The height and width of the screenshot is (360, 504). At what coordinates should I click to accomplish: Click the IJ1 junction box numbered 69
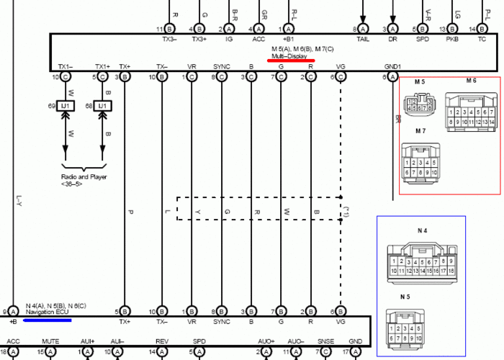[x=65, y=106]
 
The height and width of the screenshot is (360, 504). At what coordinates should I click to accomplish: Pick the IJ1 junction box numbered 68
[x=102, y=106]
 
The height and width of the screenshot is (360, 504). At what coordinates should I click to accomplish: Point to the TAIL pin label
[x=363, y=38]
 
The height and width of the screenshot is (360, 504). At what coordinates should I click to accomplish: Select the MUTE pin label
[x=50, y=341]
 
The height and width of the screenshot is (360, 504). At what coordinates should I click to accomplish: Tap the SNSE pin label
[x=326, y=341]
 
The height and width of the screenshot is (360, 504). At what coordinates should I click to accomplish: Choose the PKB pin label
[x=452, y=38]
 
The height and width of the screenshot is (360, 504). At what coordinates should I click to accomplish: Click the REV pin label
[x=162, y=341]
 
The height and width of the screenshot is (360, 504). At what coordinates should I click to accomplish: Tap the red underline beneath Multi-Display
[x=290, y=61]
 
